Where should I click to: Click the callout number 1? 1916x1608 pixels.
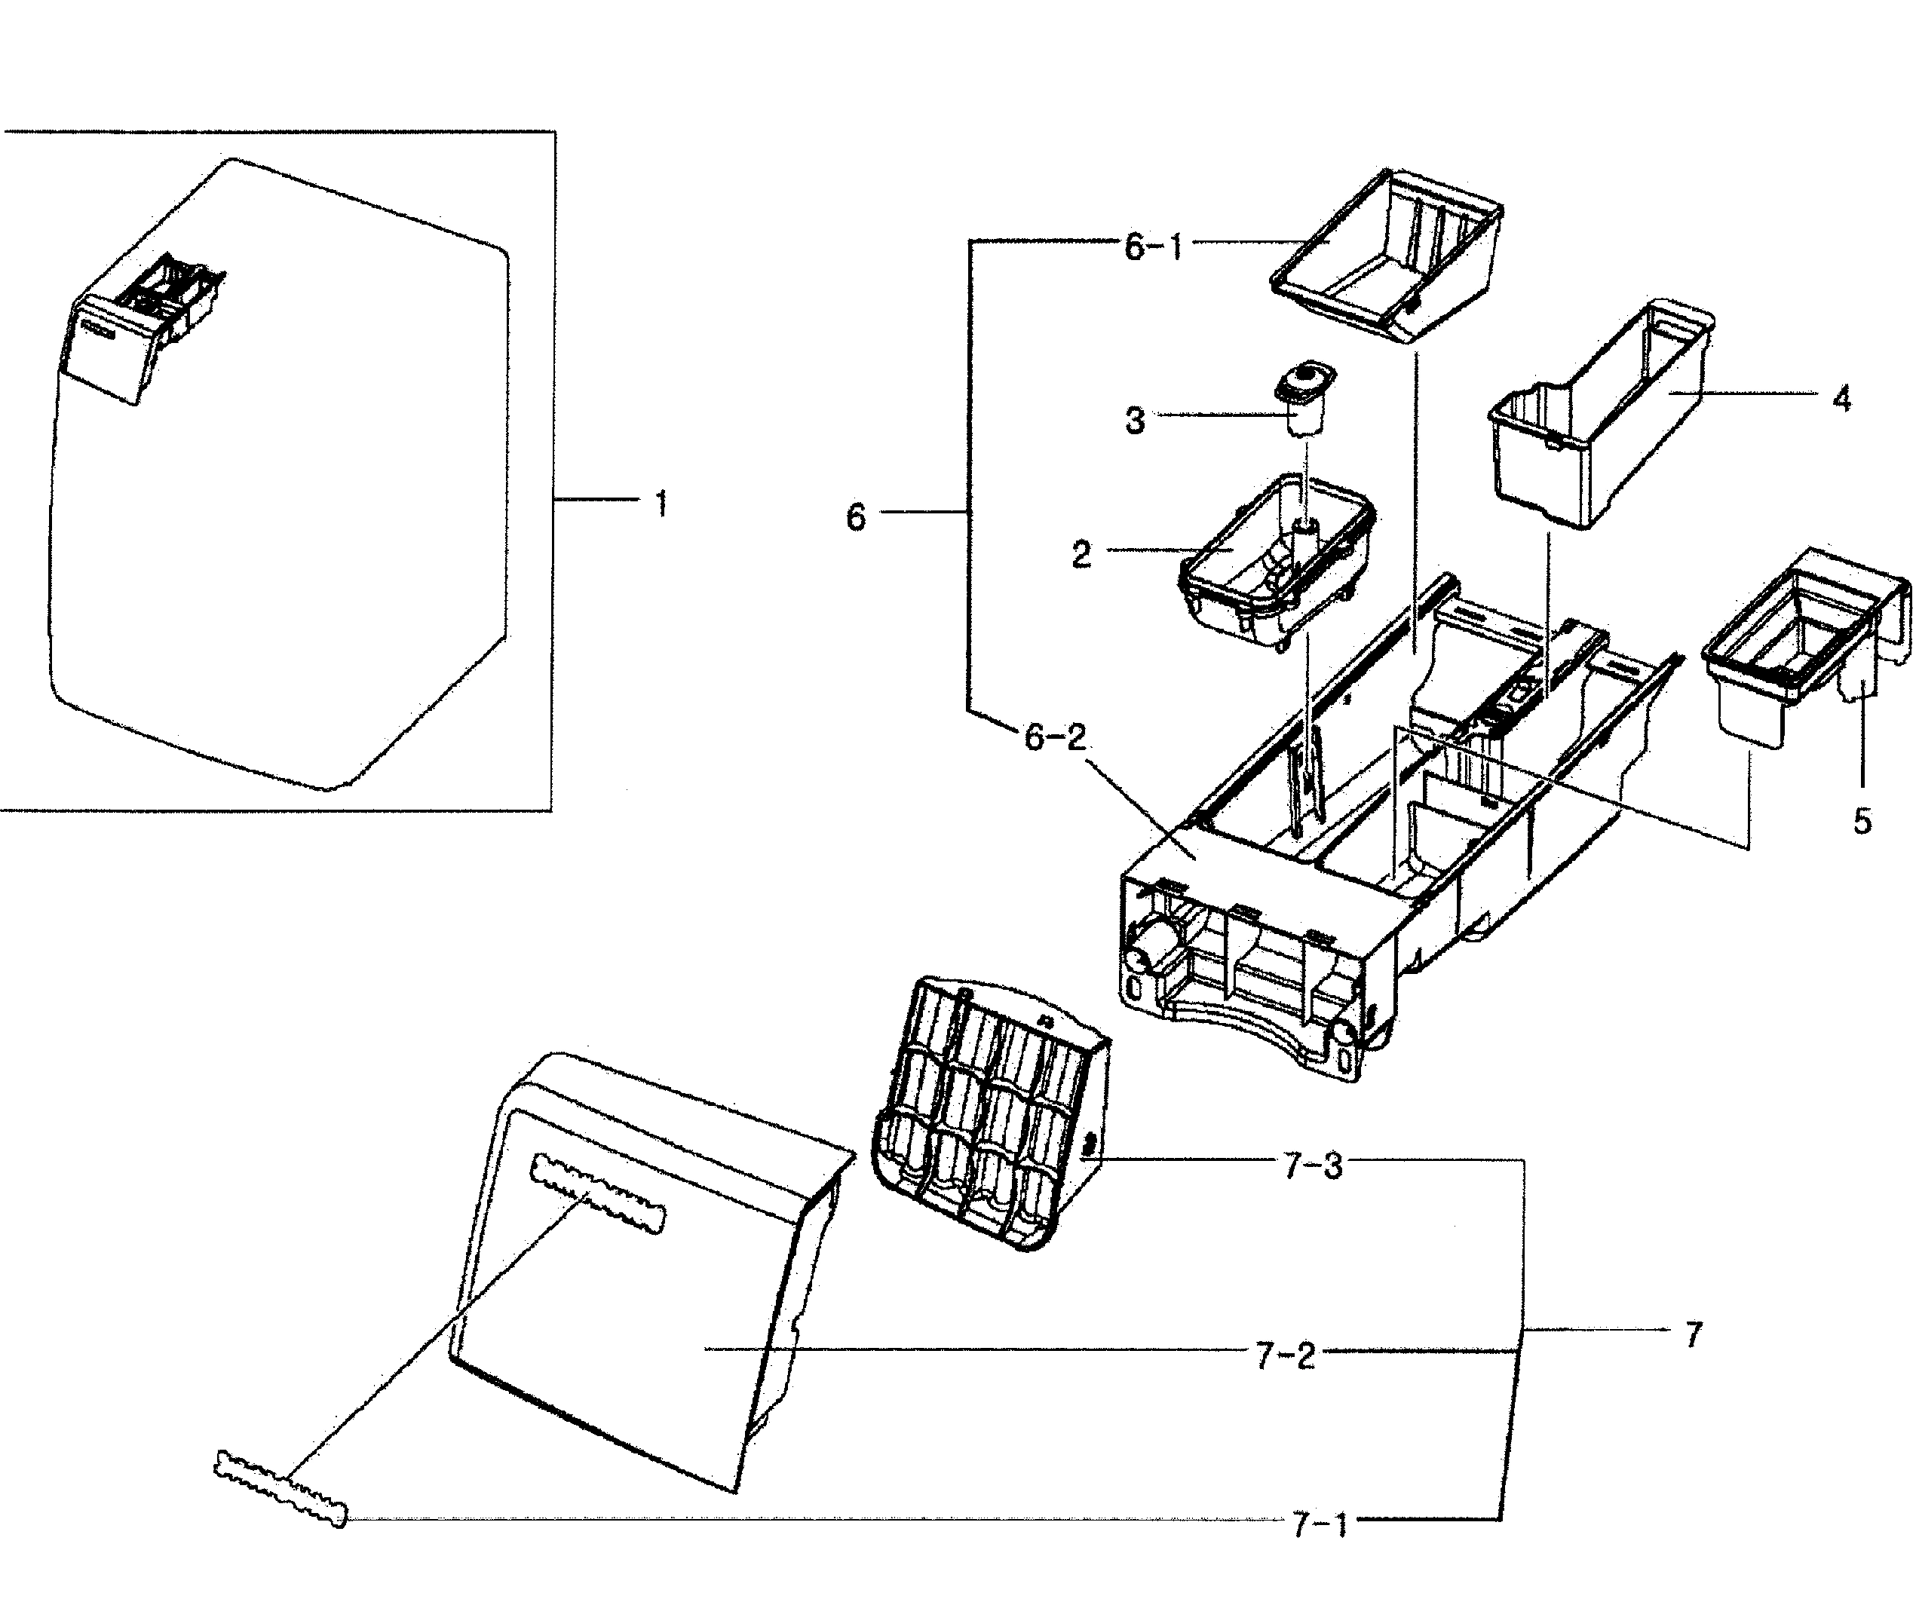click(661, 504)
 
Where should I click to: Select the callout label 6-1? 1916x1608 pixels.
click(1152, 247)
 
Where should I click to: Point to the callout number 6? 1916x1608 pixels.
click(855, 518)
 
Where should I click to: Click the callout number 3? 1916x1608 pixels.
click(1134, 421)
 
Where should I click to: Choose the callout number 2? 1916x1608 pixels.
click(1081, 553)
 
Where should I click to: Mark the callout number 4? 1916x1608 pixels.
click(1841, 399)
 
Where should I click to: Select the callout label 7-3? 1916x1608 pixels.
click(1313, 1165)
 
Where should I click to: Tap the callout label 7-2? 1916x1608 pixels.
click(1285, 1356)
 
